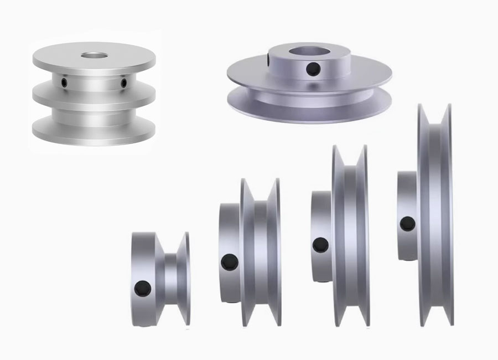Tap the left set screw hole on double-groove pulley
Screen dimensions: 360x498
(65, 83)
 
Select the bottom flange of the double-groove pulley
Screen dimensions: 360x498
(93, 132)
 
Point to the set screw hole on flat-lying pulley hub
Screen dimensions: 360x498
(314, 69)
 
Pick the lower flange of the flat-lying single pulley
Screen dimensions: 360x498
(310, 108)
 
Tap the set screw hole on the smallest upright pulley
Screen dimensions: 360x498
(143, 287)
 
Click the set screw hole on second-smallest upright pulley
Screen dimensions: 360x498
(227, 261)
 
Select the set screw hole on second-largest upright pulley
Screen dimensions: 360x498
(319, 244)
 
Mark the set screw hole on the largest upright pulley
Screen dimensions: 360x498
(407, 224)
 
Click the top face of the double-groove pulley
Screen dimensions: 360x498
(61, 55)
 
